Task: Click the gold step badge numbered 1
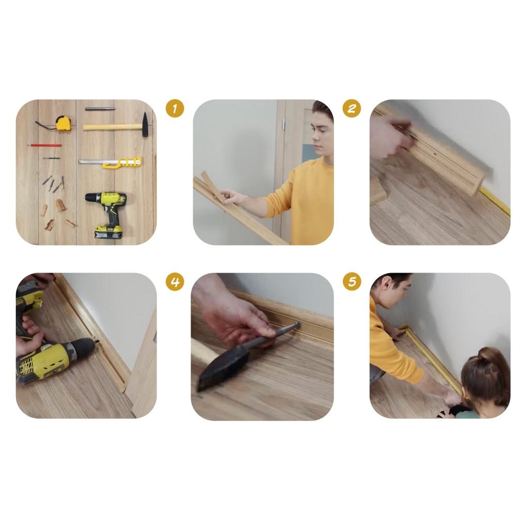[x=175, y=108]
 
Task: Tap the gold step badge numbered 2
[x=352, y=108]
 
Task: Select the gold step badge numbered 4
[x=175, y=282]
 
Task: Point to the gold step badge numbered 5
[x=352, y=282]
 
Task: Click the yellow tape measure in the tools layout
[x=62, y=123]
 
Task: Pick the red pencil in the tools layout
[x=44, y=145]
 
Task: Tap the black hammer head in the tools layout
[x=145, y=124]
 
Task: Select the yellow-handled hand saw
[x=111, y=162]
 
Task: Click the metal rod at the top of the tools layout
[x=100, y=109]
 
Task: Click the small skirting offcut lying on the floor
[x=378, y=191]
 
